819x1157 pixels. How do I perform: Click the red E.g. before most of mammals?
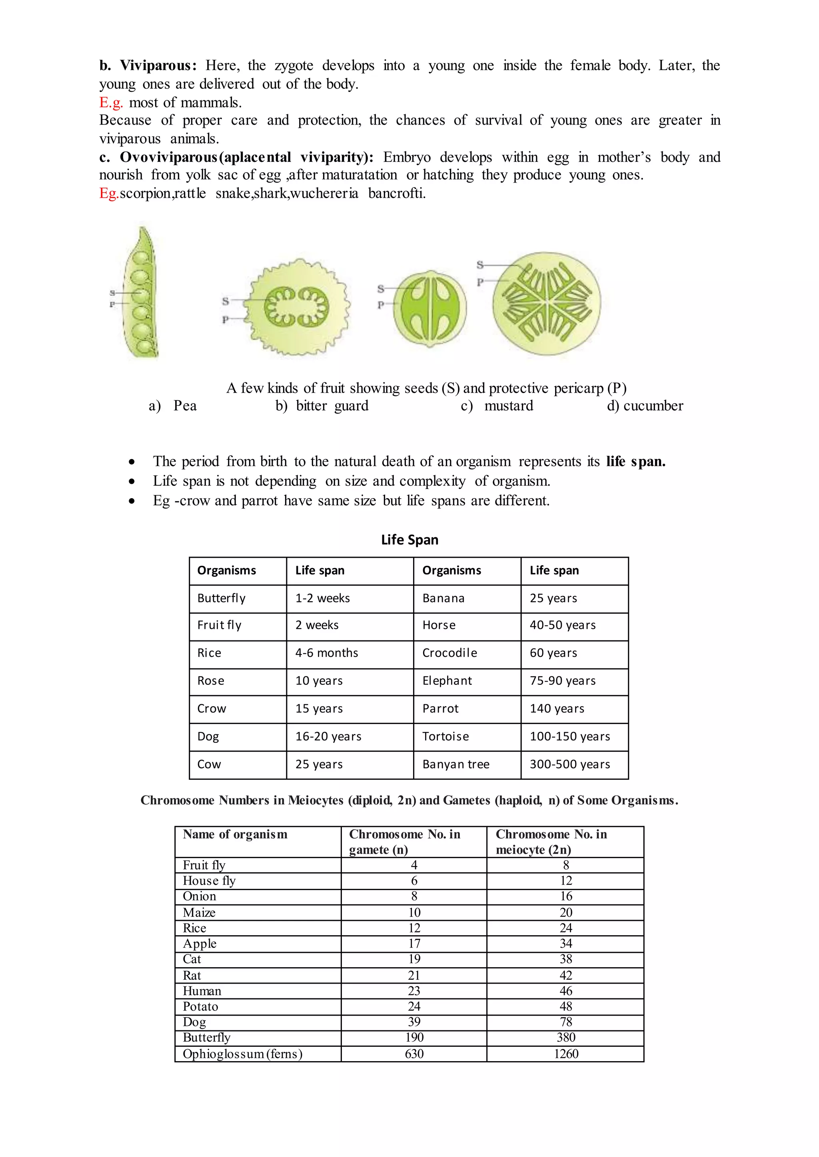pos(111,102)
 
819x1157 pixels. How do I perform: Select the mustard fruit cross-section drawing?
pos(429,308)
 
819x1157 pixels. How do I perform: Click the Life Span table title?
pos(409,540)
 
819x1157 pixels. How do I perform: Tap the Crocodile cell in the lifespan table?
pos(449,653)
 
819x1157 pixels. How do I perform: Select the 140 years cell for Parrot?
pos(557,708)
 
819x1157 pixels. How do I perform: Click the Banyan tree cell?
pos(456,764)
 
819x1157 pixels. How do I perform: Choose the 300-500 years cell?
pos(570,764)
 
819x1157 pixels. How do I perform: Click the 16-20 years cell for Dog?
pos(328,737)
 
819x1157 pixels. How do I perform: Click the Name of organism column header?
pos(235,835)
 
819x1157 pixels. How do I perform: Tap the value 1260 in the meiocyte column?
pos(566,1054)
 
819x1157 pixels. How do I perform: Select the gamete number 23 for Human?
pos(414,991)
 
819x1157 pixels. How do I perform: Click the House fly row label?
pos(209,881)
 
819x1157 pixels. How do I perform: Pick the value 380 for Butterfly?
pos(566,1037)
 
